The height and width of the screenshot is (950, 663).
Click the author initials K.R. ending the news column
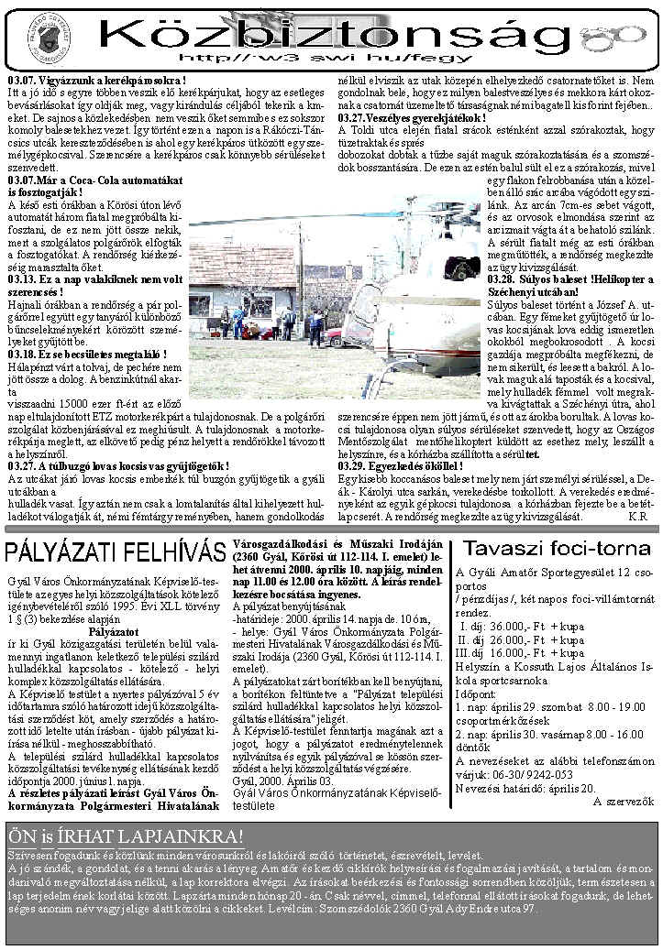(x=638, y=516)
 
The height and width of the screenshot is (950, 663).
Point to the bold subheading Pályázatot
(x=114, y=631)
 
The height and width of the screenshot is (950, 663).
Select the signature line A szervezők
(x=624, y=801)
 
